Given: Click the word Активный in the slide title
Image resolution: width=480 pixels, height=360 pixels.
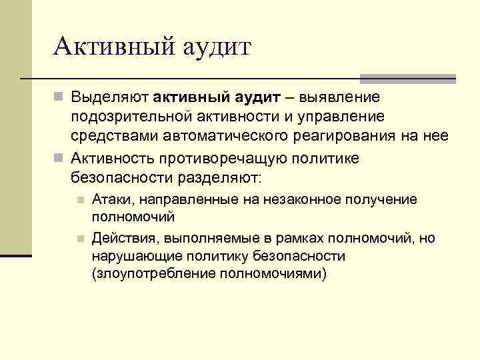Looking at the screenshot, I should pyautogui.click(x=111, y=47).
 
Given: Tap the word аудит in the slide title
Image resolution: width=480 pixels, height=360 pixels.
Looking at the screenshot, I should pyautogui.click(x=213, y=49).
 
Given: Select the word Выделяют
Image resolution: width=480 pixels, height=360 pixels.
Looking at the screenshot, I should pyautogui.click(x=110, y=98).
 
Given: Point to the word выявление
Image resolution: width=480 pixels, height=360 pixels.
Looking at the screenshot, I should pyautogui.click(x=341, y=98).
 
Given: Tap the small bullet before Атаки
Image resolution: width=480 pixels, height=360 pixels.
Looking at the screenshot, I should pyautogui.click(x=79, y=199).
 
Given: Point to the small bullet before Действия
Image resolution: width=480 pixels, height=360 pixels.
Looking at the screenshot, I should pyautogui.click(x=79, y=239).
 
